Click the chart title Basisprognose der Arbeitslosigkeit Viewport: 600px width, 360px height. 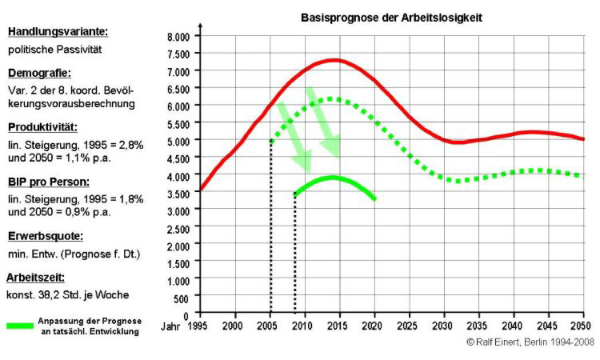click(x=390, y=17)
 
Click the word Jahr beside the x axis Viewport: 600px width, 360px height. click(x=170, y=326)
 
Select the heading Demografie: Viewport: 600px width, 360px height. click(x=39, y=73)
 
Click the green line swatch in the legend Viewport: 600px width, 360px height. click(x=30, y=326)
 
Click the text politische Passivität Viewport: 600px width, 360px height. click(x=55, y=50)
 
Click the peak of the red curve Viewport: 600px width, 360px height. click(x=333, y=60)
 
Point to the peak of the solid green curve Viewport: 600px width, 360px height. click(x=332, y=177)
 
